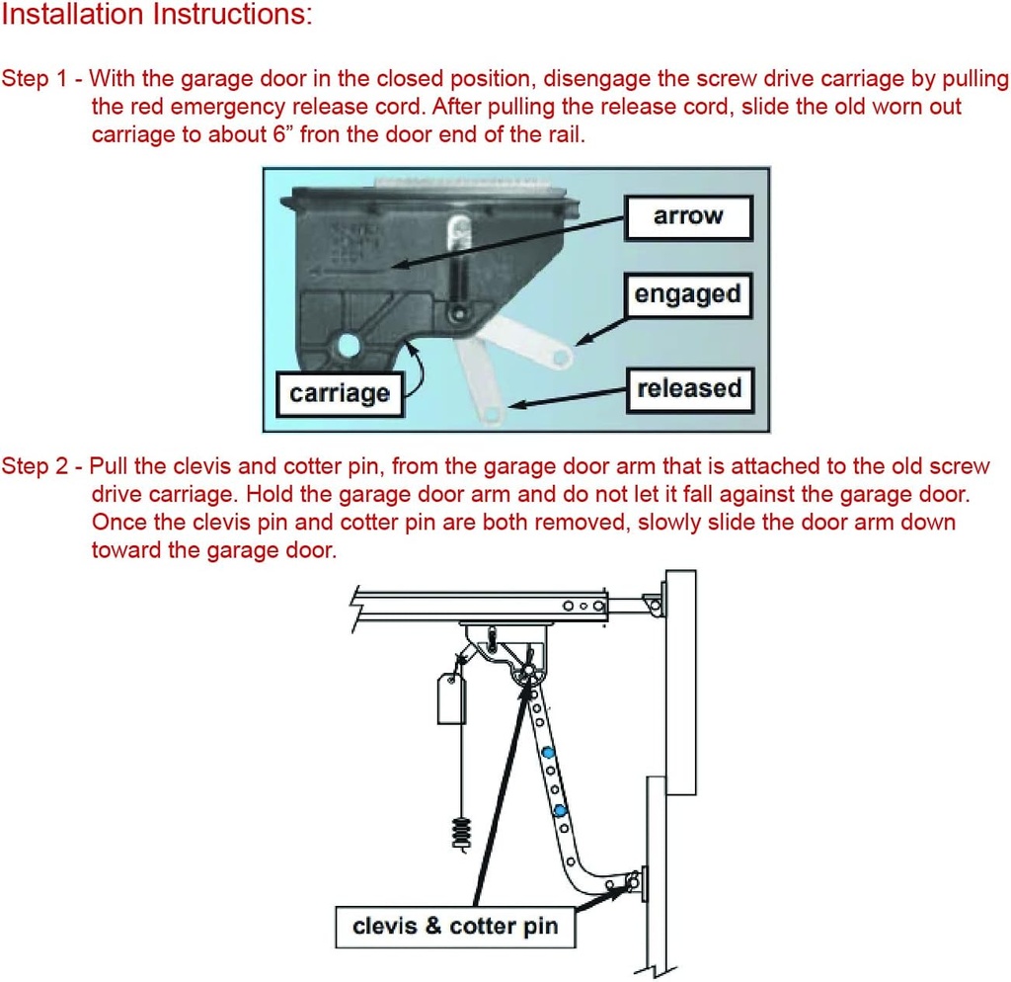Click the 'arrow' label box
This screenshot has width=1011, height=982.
coord(688,217)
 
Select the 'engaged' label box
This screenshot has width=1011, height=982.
coord(687,294)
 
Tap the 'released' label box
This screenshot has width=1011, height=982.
coord(688,389)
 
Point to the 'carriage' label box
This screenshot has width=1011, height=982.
coord(340,394)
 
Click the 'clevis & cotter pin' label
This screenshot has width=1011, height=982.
coord(455,927)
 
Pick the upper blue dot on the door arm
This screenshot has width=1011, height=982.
coord(546,754)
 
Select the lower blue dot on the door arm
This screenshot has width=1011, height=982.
coord(560,811)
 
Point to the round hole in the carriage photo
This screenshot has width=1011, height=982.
coord(348,345)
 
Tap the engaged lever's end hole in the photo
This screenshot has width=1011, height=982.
coord(561,353)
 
